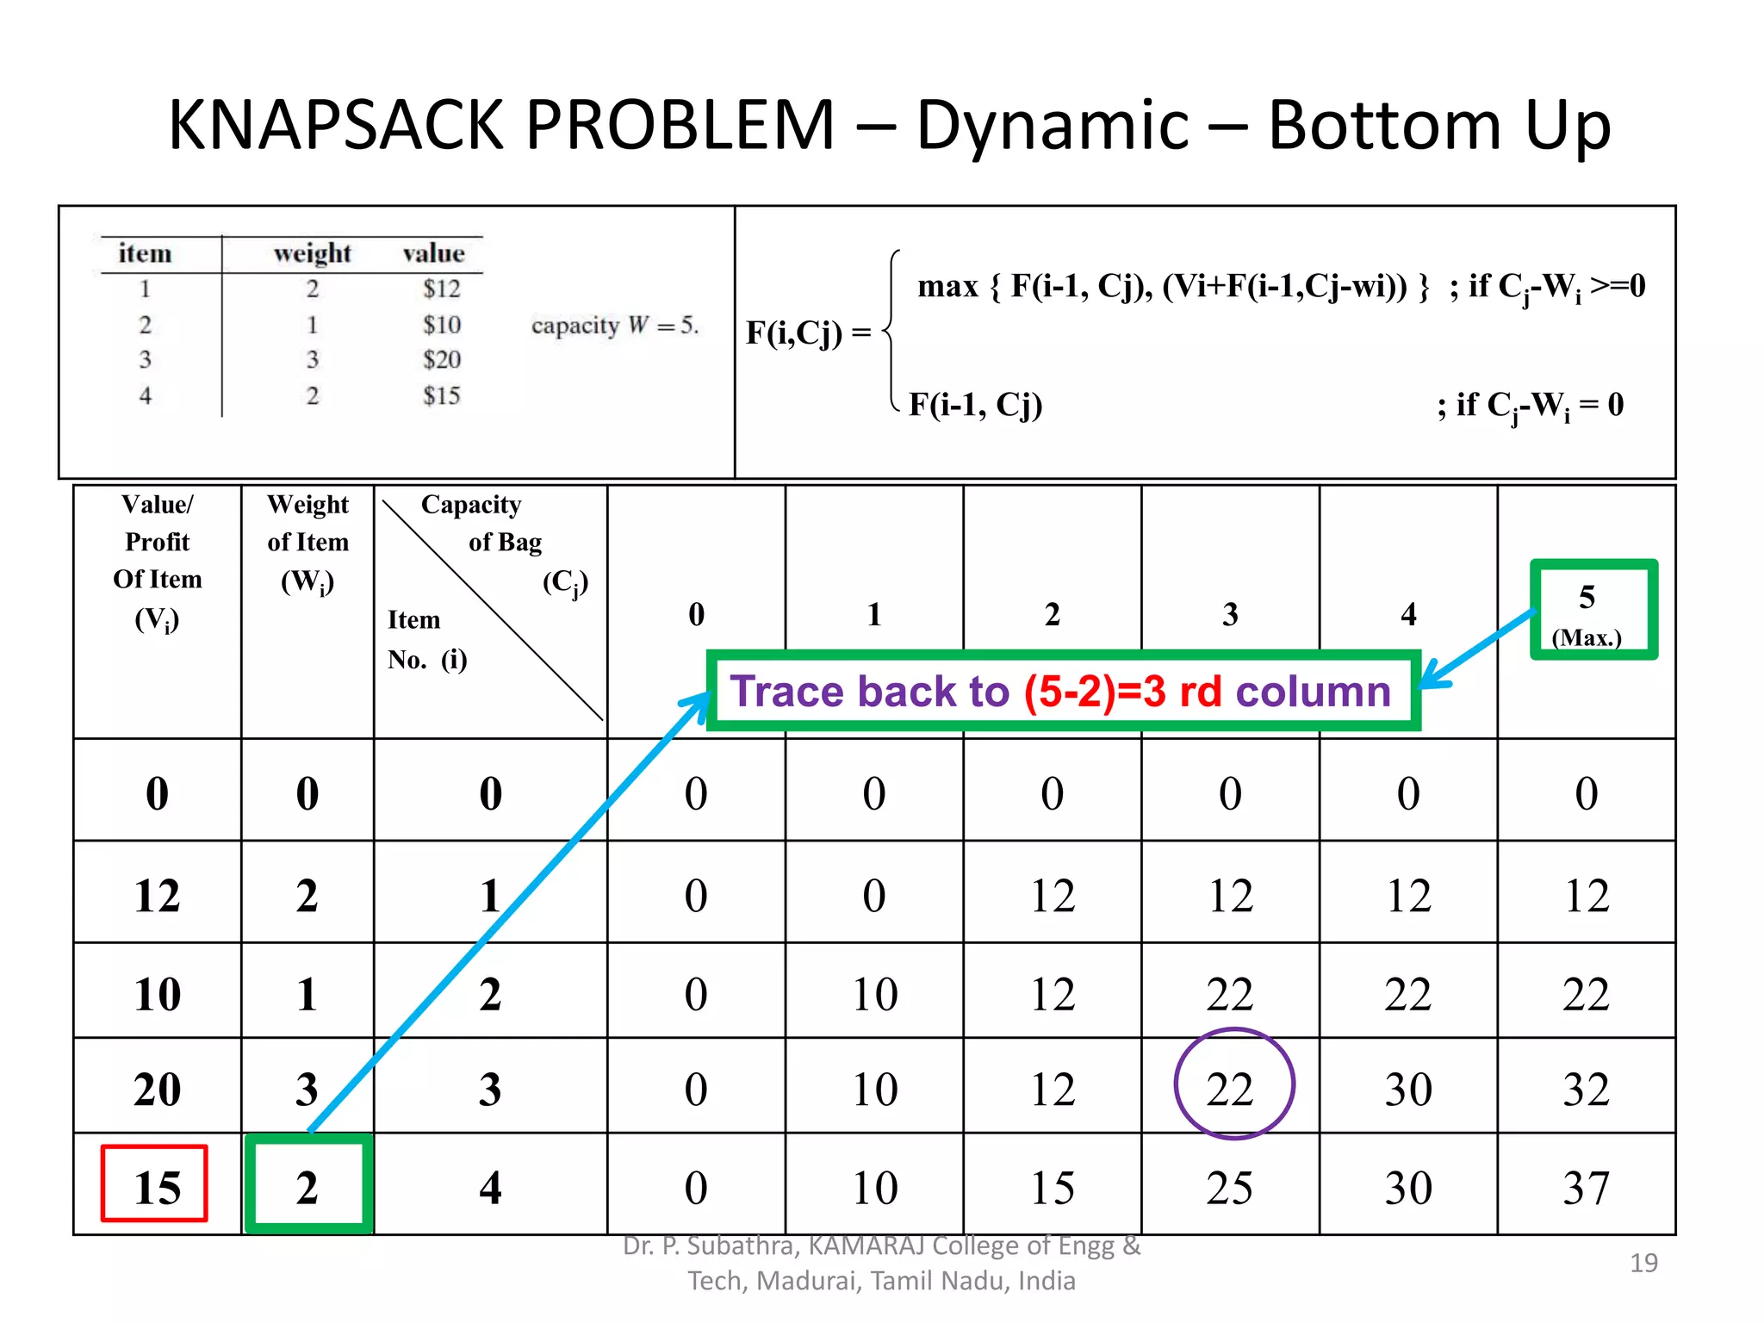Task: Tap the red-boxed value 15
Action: (155, 1185)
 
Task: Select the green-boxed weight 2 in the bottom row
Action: (308, 1185)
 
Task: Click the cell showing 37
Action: (1586, 1187)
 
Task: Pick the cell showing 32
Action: (1586, 1089)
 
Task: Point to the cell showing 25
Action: (1230, 1187)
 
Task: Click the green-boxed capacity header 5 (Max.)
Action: (1593, 610)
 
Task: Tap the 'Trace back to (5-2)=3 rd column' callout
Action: (1062, 691)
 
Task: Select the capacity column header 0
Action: (696, 614)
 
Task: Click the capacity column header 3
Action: (1230, 614)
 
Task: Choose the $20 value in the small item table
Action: (442, 359)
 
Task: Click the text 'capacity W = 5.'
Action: (614, 326)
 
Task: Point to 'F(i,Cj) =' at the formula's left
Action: (807, 332)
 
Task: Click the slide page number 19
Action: (1643, 1262)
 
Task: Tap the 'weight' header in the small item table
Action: (312, 253)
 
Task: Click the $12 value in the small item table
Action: (442, 289)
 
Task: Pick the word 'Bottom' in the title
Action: (1385, 126)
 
